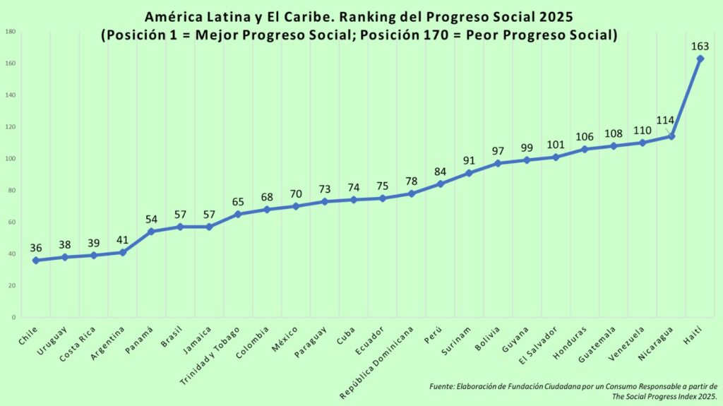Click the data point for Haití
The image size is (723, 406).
coord(700,59)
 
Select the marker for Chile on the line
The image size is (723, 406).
coord(36,260)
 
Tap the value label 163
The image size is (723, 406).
coord(700,47)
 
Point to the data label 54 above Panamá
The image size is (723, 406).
coord(151,219)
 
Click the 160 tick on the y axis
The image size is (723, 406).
coord(11,64)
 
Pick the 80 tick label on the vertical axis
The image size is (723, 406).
coord(13,191)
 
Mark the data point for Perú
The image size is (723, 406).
coord(440,184)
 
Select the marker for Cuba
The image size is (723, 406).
coord(353,200)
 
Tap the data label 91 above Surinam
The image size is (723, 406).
coord(469,160)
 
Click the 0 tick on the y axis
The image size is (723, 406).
coord(14,318)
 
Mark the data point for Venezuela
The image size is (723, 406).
coord(642,143)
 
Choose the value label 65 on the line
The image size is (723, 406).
coord(238,202)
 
